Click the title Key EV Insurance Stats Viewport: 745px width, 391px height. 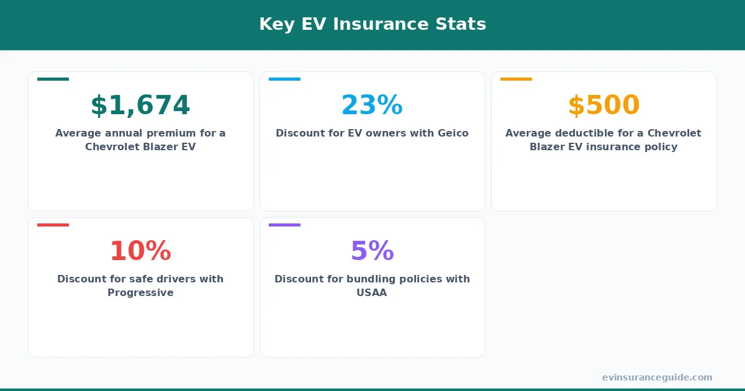(372, 24)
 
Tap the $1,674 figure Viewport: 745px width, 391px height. (140, 106)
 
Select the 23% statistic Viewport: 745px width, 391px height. (372, 106)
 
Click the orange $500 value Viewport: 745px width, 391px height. (603, 106)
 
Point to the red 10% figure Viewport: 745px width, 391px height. (140, 251)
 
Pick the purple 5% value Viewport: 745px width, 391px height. (372, 251)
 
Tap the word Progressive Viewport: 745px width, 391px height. (140, 293)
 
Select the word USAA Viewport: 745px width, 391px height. (372, 293)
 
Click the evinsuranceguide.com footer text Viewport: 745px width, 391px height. (657, 377)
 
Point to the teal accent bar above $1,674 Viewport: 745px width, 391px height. (53, 79)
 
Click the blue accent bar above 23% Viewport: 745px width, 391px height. (284, 79)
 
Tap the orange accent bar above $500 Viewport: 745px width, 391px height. (516, 79)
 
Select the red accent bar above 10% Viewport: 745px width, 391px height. (53, 225)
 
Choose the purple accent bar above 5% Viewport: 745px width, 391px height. (284, 225)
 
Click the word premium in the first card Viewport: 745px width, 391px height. (168, 133)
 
